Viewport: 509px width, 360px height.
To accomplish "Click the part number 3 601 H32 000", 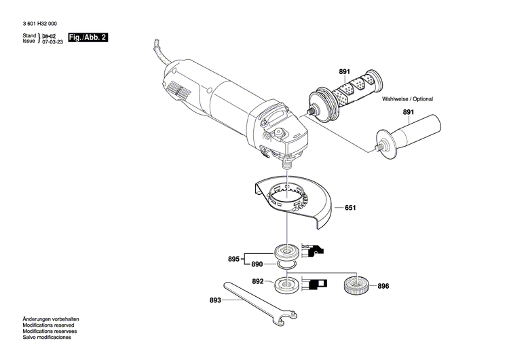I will click(43, 23).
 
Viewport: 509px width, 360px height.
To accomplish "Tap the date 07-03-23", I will click(52, 41).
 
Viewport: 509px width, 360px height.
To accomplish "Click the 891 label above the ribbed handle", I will click(345, 71).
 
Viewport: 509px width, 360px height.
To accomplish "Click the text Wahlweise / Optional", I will click(407, 99).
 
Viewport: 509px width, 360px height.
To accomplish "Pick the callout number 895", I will click(234, 259).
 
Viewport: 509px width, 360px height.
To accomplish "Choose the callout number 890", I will click(257, 264).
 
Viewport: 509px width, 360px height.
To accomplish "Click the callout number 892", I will click(257, 281).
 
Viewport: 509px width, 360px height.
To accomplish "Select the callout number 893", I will click(215, 299).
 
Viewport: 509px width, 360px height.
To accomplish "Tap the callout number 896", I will click(384, 286).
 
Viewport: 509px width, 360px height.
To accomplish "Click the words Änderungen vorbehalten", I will click(51, 319).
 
